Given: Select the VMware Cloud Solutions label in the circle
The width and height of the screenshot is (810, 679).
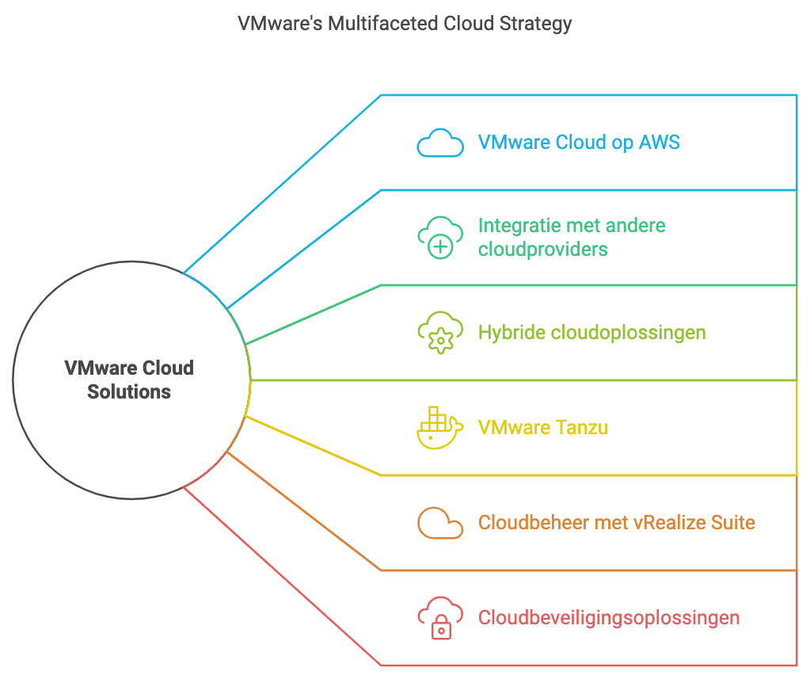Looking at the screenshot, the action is pos(129,380).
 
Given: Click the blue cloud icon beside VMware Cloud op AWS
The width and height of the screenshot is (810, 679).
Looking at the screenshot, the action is pos(440,143).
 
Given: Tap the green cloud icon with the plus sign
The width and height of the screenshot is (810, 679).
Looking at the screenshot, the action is pos(440,237).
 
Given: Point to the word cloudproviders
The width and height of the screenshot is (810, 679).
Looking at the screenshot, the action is pos(543,249).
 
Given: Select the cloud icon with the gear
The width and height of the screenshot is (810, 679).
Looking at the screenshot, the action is pos(440,332).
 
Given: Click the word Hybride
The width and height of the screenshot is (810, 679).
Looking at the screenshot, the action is pos(511,332).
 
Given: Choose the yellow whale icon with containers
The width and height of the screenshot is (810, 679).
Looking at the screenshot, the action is pos(439,427).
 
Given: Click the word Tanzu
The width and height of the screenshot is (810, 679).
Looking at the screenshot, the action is pos(582,427).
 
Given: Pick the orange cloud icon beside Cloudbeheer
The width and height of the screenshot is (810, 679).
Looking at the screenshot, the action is pos(440,523).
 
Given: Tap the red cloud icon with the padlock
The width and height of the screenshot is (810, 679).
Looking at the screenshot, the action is pos(440,618).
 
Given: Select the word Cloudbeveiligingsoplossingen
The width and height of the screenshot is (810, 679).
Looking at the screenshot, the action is pos(609,617).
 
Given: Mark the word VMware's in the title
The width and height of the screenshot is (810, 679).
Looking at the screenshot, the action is pos(280,23).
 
